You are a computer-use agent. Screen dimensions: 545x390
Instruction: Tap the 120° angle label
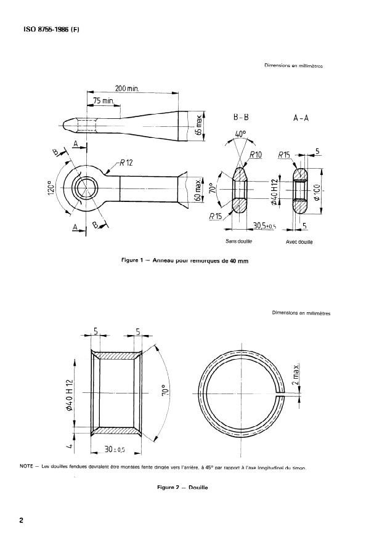point(52,186)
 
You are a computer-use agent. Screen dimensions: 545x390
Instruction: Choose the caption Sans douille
point(239,242)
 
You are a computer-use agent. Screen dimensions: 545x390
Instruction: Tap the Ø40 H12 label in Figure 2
point(70,392)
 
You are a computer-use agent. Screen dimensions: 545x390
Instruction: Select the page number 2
point(22,520)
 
